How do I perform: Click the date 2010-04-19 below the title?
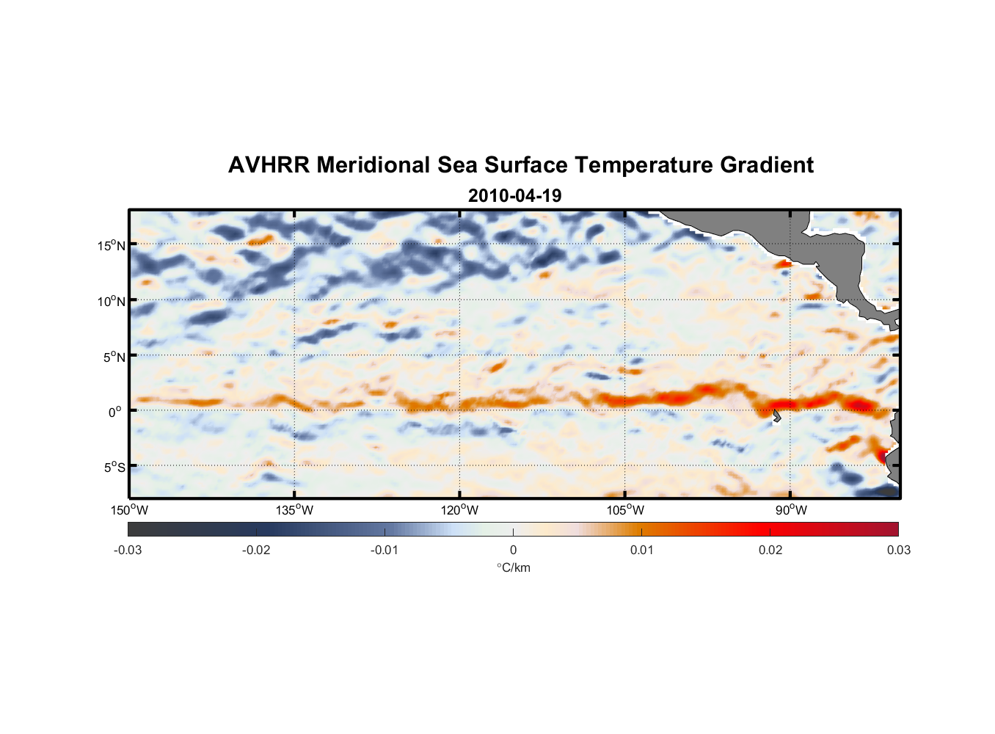tap(514, 196)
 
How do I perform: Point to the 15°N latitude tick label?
tap(112, 245)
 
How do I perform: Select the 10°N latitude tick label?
tap(112, 301)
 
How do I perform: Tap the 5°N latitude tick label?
tap(114, 357)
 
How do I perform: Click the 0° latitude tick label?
tap(115, 412)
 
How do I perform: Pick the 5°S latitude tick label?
tap(114, 467)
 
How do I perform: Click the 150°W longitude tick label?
tap(129, 510)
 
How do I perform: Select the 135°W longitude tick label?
tap(294, 510)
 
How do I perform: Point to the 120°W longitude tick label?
tap(459, 510)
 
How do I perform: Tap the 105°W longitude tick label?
tap(625, 510)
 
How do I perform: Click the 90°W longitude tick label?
tap(791, 510)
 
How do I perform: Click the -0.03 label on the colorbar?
tap(128, 550)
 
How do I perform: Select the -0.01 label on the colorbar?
tap(384, 550)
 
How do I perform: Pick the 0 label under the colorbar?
tap(513, 550)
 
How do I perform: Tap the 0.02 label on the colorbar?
tap(770, 550)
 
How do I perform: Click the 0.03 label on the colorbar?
tap(898, 550)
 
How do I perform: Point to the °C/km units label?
tap(513, 567)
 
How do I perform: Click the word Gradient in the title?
tap(767, 165)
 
